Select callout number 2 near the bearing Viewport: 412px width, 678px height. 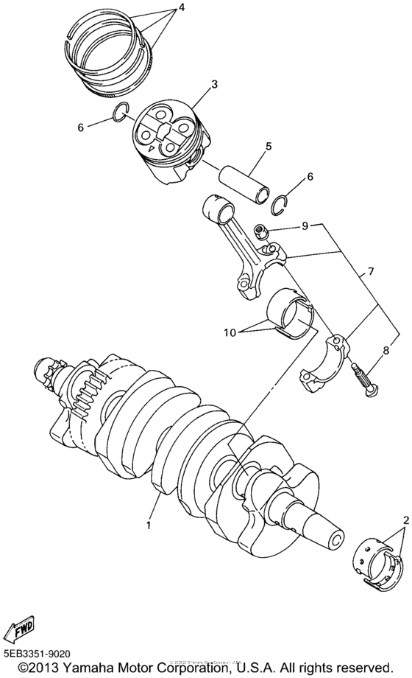404,520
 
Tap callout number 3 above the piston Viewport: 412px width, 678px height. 214,85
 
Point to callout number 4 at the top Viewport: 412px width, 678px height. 174,8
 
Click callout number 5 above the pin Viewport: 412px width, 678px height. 269,147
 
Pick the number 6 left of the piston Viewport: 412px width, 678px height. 81,127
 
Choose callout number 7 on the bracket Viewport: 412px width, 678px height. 371,272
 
